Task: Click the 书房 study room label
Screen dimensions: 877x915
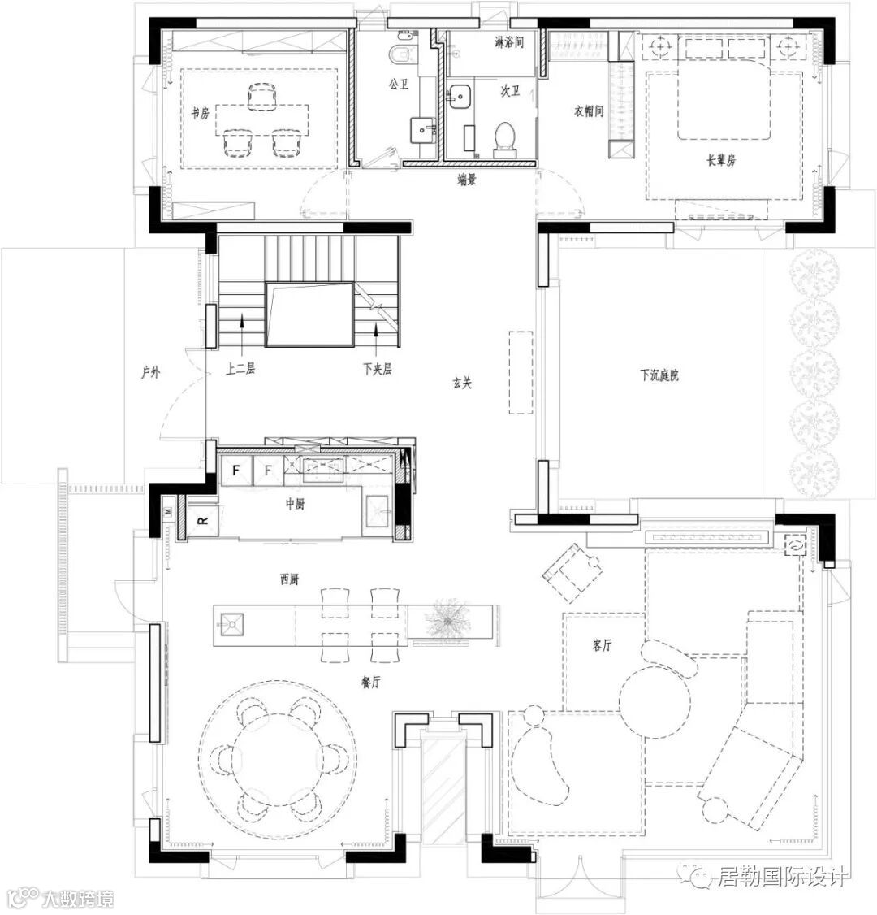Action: point(200,113)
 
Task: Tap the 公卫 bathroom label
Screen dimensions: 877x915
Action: point(398,85)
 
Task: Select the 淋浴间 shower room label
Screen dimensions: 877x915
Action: point(508,42)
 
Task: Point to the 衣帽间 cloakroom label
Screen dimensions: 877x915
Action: point(589,111)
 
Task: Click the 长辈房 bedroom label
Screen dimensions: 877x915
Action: point(721,159)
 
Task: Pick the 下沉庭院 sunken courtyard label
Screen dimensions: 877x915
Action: point(659,375)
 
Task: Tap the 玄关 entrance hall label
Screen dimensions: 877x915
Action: point(462,383)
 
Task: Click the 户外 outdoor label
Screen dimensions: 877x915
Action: point(150,371)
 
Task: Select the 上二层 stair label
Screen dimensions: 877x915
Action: point(240,369)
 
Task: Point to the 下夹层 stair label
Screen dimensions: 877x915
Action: point(377,369)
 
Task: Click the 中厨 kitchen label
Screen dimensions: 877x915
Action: point(295,503)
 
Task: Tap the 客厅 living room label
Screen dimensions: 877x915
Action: point(602,645)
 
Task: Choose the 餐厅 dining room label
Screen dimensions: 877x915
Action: point(371,681)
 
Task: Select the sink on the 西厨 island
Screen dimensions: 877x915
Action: point(231,624)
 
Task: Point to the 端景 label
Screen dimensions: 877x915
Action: point(466,180)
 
